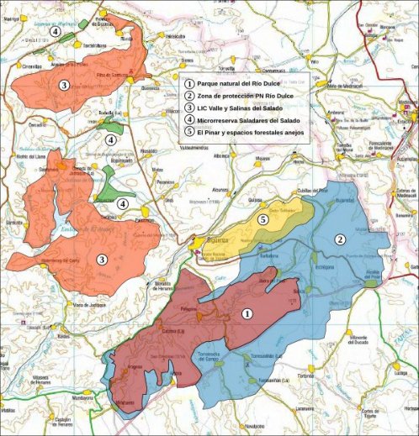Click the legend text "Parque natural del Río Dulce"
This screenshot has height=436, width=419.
[239, 85]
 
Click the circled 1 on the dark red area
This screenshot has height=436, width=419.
[247, 313]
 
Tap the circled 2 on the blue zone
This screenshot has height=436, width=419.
[340, 239]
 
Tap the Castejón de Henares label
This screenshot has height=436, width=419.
[62, 419]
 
